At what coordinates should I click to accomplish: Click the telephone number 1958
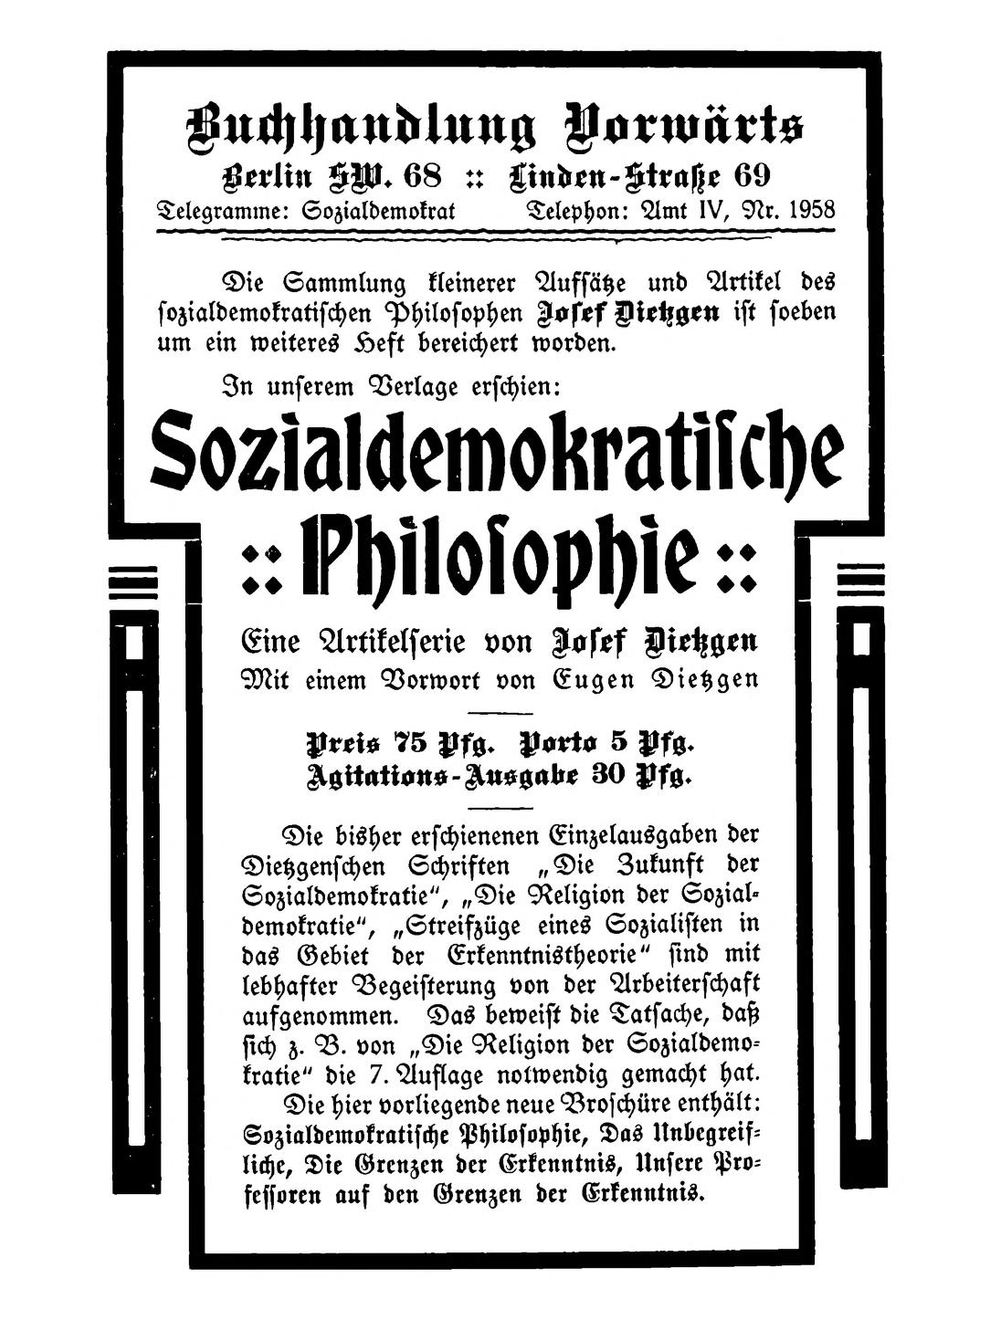tap(811, 209)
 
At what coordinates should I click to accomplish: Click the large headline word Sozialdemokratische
tap(498, 454)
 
